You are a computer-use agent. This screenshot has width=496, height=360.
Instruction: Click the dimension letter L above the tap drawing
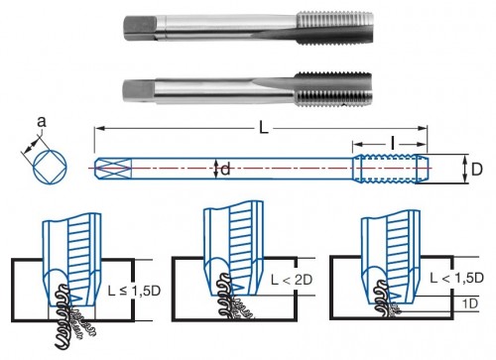[263, 128]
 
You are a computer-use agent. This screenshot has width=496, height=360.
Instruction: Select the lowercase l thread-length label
[393, 144]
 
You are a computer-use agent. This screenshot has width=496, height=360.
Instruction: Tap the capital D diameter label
[476, 170]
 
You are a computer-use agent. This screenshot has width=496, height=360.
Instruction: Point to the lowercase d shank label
[225, 170]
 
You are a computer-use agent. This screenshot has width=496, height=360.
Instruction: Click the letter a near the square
[42, 122]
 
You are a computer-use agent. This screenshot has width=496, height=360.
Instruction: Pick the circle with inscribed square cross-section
[50, 167]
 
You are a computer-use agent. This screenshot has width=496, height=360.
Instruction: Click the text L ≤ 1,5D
[134, 291]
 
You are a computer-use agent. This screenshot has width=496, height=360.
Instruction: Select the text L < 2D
[292, 280]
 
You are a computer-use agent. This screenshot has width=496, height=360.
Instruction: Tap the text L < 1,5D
[456, 278]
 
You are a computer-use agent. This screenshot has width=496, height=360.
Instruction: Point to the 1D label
[470, 303]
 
